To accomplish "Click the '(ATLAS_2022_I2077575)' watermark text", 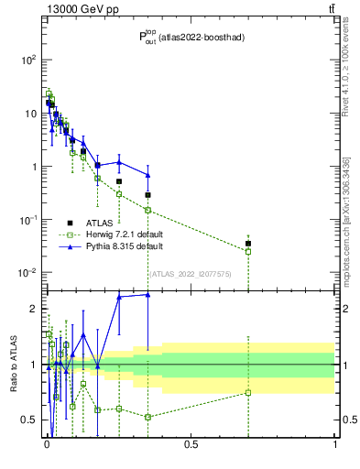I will [190, 273].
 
